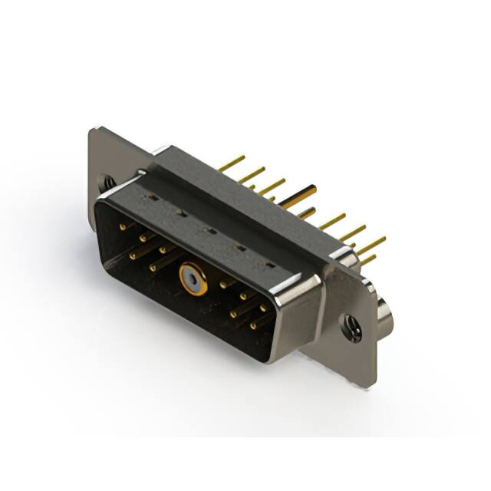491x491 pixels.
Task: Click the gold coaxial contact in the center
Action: (x=193, y=281)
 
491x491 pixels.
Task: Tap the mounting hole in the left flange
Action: (x=109, y=183)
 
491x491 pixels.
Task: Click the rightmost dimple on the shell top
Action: (x=269, y=266)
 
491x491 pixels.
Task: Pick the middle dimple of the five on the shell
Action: (x=206, y=229)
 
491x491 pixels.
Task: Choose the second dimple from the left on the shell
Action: (x=179, y=213)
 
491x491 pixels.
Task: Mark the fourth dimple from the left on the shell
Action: (x=239, y=248)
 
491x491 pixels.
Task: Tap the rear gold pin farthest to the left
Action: (x=231, y=163)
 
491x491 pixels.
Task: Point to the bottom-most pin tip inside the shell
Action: (x=253, y=325)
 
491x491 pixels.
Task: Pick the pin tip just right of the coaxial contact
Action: (x=223, y=285)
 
